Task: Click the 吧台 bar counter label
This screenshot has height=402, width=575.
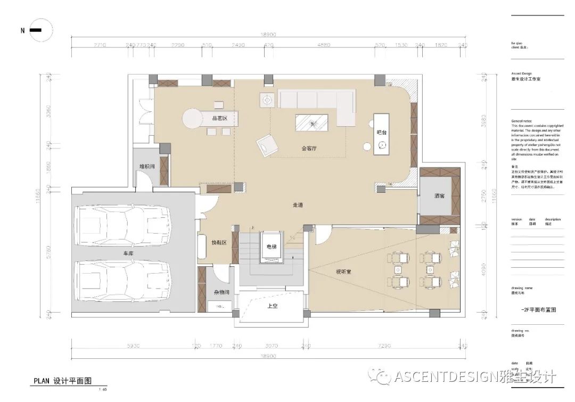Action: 380,132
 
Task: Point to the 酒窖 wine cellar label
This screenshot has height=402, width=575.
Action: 439,196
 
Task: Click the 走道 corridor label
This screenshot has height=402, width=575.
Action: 298,205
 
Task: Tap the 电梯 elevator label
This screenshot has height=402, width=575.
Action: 272,247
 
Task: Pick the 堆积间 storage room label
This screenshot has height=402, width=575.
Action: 147,167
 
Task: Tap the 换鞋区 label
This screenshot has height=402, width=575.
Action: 219,242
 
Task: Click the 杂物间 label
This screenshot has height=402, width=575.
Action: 221,292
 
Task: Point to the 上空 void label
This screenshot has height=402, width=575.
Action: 273,306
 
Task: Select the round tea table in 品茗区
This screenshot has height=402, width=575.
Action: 192,119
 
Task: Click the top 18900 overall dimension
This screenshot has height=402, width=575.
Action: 268,35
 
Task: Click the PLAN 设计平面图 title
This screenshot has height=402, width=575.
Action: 63,381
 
